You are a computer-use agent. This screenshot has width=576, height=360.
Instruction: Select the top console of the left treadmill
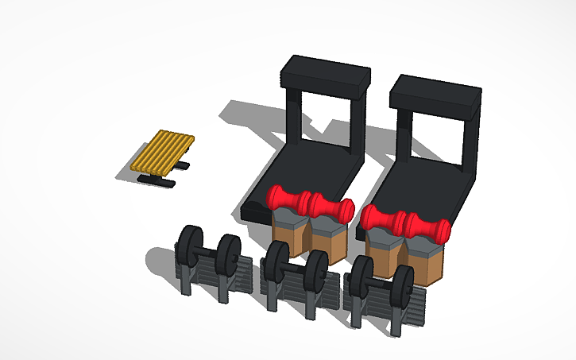(327, 73)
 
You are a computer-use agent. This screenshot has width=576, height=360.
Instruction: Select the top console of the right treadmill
(437, 92)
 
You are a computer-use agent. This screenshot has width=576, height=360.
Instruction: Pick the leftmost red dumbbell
(288, 199)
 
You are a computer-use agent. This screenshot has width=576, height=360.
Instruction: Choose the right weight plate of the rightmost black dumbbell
(402, 284)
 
